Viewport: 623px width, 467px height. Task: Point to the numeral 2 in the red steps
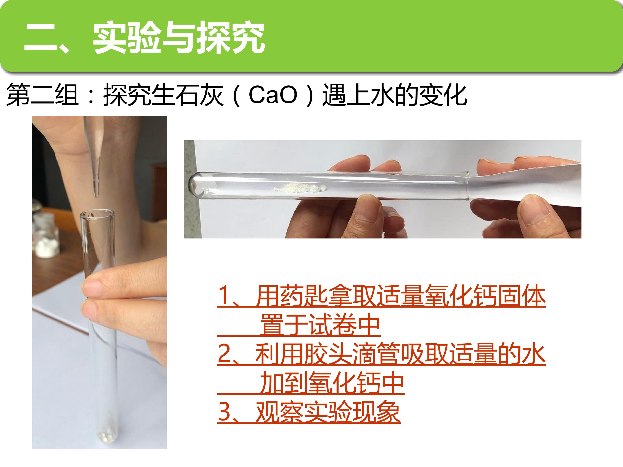pos(225,354)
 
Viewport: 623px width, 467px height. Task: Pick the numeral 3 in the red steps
pos(225,412)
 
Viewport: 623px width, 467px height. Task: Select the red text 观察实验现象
pos(328,412)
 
